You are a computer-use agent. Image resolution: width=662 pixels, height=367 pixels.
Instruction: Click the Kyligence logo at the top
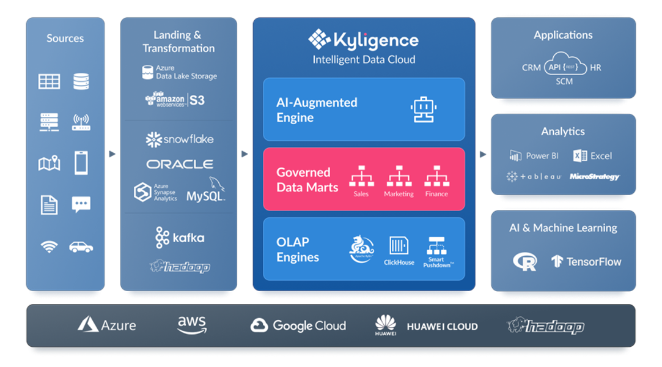[364, 40]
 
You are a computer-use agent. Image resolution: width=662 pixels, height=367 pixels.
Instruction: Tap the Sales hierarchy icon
[361, 176]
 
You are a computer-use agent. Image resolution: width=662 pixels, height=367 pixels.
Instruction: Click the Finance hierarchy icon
[436, 176]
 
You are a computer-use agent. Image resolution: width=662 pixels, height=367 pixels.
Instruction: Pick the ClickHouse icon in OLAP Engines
[399, 246]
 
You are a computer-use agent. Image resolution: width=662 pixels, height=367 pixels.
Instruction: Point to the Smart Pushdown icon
[436, 246]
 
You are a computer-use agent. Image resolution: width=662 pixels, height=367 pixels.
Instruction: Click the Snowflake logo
[179, 139]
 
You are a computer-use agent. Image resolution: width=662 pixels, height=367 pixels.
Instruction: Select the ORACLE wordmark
[180, 165]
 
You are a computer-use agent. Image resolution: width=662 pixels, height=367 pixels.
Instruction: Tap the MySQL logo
[206, 191]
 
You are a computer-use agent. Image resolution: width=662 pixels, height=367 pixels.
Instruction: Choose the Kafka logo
[179, 237]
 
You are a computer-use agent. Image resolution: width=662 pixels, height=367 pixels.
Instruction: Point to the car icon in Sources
[81, 247]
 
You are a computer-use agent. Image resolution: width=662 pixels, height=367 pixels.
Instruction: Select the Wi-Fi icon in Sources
[49, 247]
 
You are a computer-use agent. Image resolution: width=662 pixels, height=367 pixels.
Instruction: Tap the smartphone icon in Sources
[81, 163]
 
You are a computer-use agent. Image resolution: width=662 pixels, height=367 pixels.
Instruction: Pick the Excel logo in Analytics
[592, 156]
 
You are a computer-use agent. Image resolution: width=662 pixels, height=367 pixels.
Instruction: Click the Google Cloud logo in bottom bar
[298, 325]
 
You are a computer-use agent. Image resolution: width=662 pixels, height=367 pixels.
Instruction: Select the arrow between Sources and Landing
[112, 154]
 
